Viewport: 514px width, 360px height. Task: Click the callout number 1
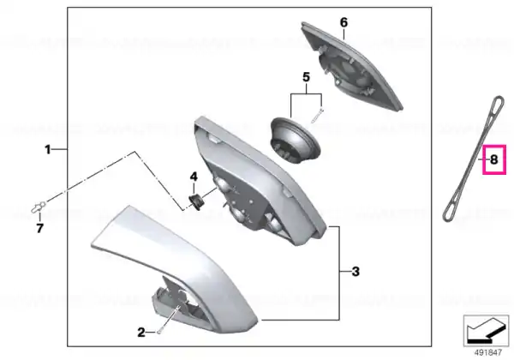point(48,150)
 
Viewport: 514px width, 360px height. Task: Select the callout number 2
point(141,333)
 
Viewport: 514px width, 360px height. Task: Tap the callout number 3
point(356,272)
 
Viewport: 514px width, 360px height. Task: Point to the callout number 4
point(194,177)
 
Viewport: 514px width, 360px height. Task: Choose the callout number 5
point(306,78)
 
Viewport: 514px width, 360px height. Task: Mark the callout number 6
point(344,22)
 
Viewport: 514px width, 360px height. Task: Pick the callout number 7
point(39,228)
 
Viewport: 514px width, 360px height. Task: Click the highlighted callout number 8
point(494,159)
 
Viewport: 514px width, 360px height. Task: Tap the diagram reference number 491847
point(488,352)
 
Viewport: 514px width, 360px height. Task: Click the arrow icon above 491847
point(486,331)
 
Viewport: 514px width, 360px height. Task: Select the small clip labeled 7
point(38,207)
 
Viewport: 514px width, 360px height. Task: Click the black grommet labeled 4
point(196,201)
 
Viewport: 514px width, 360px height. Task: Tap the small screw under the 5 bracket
point(317,116)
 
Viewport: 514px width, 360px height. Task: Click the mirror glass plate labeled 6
point(352,67)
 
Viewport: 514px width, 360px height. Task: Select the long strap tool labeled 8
point(474,159)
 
